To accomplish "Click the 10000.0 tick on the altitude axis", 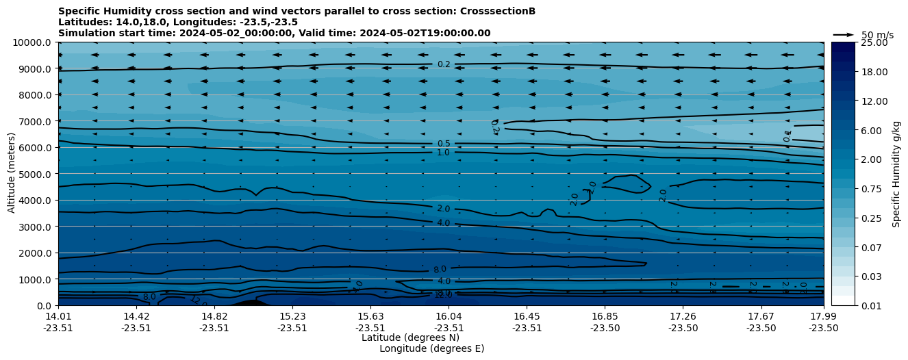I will pyautogui.click(x=33, y=42).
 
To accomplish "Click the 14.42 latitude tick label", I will pyautogui.click(x=136, y=316).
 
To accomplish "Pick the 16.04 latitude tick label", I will pyautogui.click(x=449, y=316).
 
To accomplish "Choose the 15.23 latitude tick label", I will pyautogui.click(x=292, y=316).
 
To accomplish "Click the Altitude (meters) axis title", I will pyautogui.click(x=12, y=174).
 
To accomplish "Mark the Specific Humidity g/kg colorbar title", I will pyautogui.click(x=896, y=174).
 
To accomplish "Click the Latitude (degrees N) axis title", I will pyautogui.click(x=410, y=337).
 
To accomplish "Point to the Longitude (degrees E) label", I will pyautogui.click(x=431, y=348).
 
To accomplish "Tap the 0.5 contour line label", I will pyautogui.click(x=444, y=144).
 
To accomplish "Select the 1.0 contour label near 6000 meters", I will pyautogui.click(x=444, y=153).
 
